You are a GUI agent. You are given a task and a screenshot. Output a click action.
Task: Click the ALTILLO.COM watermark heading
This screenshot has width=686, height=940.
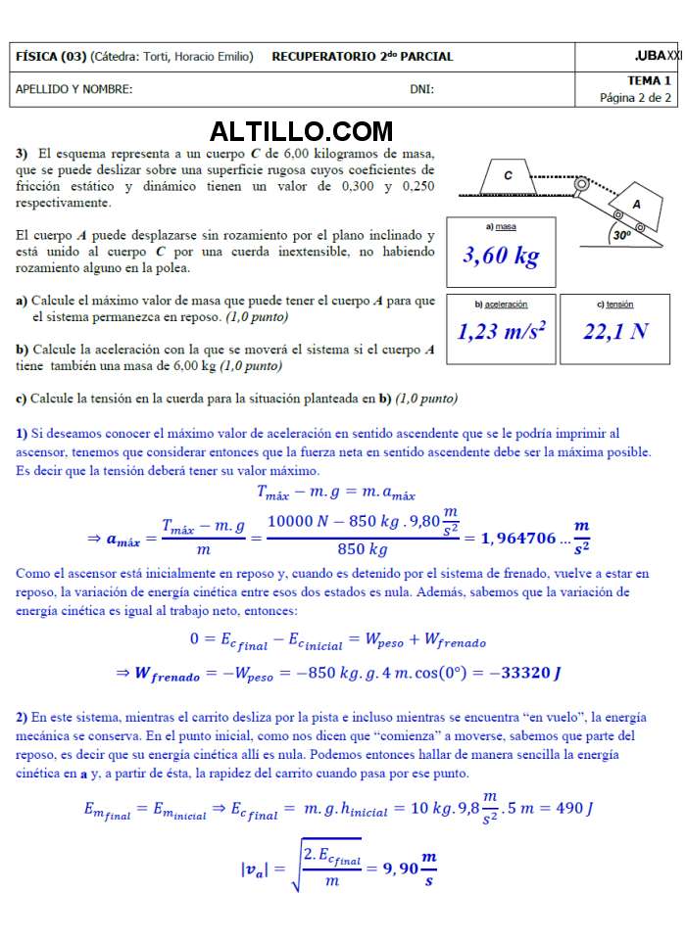301,131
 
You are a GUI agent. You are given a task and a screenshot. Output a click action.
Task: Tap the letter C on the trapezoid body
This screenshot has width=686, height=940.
508,176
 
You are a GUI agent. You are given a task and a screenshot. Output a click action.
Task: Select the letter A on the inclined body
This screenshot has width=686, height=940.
636,204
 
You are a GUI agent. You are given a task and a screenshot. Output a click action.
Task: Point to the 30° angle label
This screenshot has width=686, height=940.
620,235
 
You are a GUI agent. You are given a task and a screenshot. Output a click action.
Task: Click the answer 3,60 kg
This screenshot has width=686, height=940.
501,257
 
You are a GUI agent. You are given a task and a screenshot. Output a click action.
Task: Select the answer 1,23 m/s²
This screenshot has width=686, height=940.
501,331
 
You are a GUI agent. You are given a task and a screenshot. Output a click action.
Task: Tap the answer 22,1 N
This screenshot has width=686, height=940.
614,331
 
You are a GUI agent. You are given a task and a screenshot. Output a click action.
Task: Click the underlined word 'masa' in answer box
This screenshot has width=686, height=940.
506,227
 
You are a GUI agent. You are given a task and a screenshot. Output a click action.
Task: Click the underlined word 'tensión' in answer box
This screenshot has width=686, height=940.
618,305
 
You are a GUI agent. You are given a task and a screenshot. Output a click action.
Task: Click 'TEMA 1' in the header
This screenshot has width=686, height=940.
649,81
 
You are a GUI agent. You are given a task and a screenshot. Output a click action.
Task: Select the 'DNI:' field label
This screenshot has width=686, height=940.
422,90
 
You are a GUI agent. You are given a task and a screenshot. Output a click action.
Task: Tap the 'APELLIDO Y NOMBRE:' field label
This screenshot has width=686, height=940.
74,90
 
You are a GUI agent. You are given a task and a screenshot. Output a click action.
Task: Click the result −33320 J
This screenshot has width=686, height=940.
531,673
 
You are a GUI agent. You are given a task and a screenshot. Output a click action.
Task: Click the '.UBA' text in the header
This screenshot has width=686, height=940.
649,56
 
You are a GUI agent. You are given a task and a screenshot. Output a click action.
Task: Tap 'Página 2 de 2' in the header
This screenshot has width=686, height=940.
635,98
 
